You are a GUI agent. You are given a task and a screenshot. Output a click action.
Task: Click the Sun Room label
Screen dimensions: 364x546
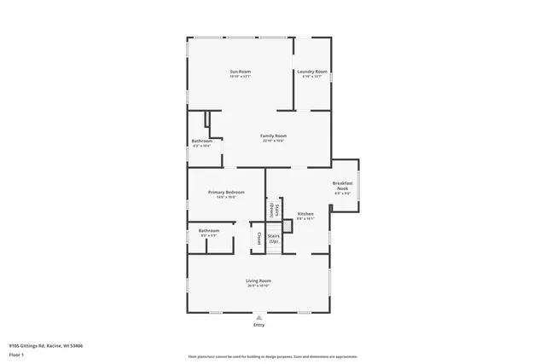coord(240,72)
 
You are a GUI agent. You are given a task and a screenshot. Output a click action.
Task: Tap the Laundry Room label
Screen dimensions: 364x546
coord(312,72)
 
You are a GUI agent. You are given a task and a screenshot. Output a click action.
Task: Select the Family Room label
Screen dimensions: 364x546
coord(273,136)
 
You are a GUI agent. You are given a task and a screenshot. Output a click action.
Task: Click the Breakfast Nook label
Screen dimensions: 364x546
coord(342,186)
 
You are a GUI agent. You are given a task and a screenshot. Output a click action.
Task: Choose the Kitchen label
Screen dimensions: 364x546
coord(305,213)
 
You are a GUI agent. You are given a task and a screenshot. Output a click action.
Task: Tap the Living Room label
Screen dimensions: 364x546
coord(258,280)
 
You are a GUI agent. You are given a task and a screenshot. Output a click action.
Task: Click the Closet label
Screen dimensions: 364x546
coord(257,238)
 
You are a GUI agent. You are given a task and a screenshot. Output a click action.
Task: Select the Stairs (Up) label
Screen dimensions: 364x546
coord(274,239)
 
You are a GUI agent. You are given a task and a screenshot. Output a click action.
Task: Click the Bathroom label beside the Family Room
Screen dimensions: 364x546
coord(202,141)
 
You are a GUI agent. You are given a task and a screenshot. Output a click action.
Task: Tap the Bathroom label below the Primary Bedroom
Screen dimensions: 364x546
coord(209,230)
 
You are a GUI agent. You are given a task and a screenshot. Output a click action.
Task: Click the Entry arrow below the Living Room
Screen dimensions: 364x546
coord(258,316)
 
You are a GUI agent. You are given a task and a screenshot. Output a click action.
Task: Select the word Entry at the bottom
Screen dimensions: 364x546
coord(258,325)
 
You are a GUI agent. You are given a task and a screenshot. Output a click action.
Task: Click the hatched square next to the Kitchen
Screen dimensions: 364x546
coord(288,226)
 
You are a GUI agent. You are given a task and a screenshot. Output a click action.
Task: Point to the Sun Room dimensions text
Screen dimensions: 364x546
coord(240,77)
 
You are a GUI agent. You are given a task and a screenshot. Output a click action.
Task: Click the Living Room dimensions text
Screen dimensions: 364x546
coord(258,286)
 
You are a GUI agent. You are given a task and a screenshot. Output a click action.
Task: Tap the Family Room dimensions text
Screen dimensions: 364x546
coord(273,141)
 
